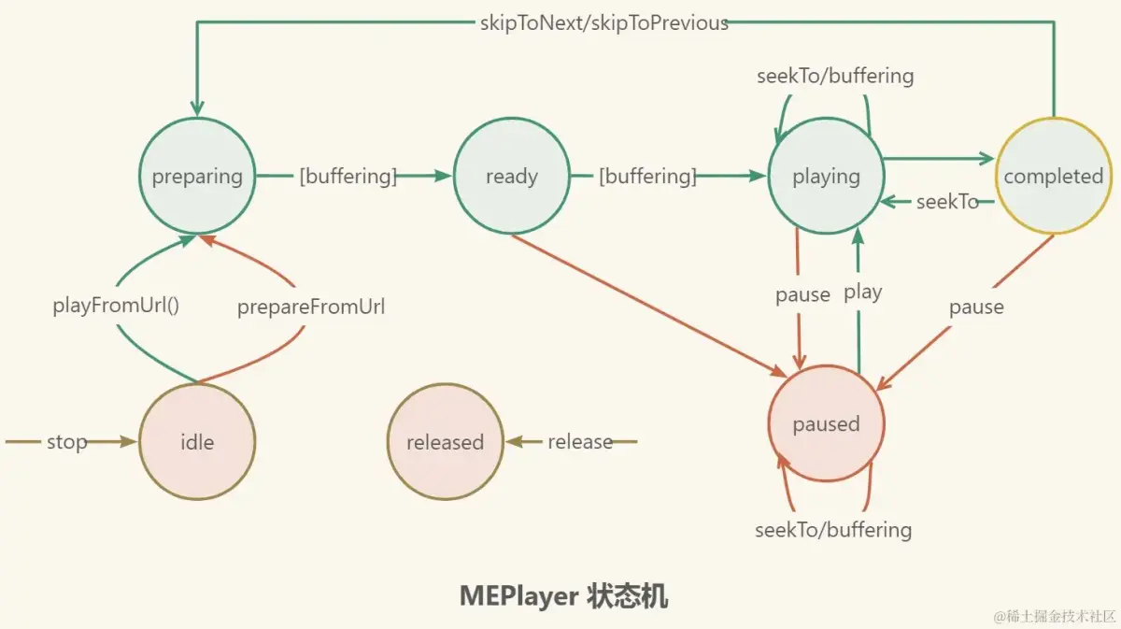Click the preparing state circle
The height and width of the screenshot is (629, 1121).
point(197,176)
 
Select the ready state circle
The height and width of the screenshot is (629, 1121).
point(511,176)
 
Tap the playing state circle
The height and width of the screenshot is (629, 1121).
point(826,176)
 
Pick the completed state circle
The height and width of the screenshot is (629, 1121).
point(1053,176)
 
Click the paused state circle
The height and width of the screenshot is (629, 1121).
point(826,424)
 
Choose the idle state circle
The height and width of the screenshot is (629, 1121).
point(197,441)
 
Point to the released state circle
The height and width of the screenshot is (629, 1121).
point(445,441)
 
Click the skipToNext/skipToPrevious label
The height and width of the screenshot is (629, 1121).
point(603,23)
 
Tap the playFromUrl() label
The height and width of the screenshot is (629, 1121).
point(116,306)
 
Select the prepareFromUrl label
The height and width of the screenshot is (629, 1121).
point(311,307)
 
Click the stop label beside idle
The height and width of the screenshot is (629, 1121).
point(67,441)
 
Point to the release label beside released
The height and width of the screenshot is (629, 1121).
point(580,441)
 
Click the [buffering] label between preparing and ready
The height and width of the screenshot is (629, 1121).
point(348,176)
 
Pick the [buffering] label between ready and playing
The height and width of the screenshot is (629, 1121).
point(647,176)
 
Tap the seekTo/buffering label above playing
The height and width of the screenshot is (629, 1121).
point(835,76)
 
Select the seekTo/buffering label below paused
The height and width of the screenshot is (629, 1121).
point(833,530)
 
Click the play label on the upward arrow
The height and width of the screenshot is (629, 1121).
point(862,293)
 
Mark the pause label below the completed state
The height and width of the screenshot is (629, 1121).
point(976,307)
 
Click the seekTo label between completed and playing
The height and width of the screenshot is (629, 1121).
point(947,201)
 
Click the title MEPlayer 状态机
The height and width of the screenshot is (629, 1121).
point(563,596)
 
